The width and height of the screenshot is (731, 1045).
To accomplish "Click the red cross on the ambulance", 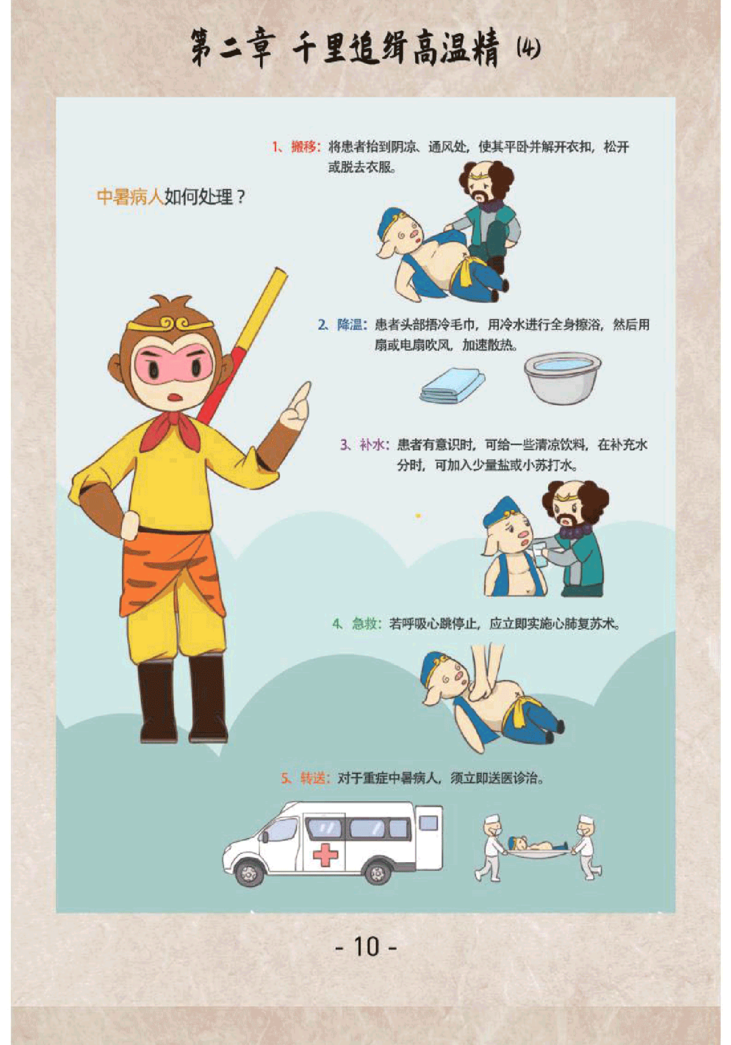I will pos(325,854).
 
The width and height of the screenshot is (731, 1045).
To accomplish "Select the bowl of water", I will pos(562,377).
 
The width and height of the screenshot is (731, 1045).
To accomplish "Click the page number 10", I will pos(366,946).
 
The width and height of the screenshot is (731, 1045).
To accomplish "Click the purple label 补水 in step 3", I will pos(373,445).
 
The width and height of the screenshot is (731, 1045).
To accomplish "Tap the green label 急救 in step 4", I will pos(365,623).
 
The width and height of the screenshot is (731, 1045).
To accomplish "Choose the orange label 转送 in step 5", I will pos(313,778).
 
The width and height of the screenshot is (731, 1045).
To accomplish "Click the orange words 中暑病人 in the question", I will pos(130,197).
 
